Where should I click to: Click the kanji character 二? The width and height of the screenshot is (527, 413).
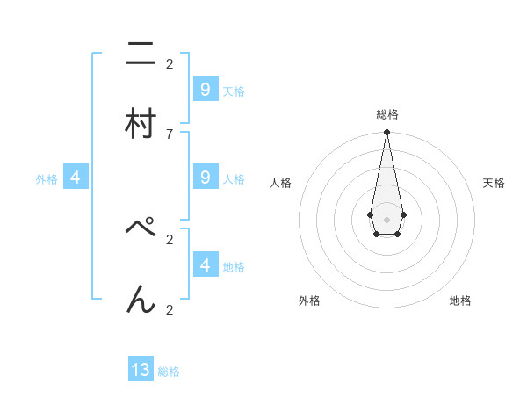point(141,54)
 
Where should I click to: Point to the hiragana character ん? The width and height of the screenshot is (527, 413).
point(141,301)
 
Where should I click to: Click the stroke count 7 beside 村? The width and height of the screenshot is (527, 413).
point(170,134)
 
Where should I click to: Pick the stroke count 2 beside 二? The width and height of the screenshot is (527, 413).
point(170,63)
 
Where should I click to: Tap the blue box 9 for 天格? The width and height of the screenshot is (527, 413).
point(205,89)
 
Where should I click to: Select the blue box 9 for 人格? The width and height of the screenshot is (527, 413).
point(205,178)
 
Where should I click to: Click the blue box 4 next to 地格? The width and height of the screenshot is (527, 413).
point(205,264)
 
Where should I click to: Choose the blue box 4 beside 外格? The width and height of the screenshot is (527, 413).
point(76,178)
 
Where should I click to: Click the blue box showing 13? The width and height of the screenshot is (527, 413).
point(141,370)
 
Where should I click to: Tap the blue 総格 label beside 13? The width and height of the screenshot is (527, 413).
point(169,372)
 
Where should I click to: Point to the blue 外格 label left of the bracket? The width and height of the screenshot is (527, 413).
point(47,179)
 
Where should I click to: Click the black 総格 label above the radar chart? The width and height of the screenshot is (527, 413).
point(387,114)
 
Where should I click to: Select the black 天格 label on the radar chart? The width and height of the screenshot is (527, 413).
point(494,183)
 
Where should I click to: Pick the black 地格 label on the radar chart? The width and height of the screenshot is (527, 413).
point(460,301)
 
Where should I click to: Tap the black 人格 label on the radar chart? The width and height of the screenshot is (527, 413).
point(281,183)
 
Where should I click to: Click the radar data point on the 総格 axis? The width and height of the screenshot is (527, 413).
point(386,132)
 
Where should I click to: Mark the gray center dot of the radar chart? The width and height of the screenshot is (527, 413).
point(386,218)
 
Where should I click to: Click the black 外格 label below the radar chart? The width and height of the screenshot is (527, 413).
point(309,301)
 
